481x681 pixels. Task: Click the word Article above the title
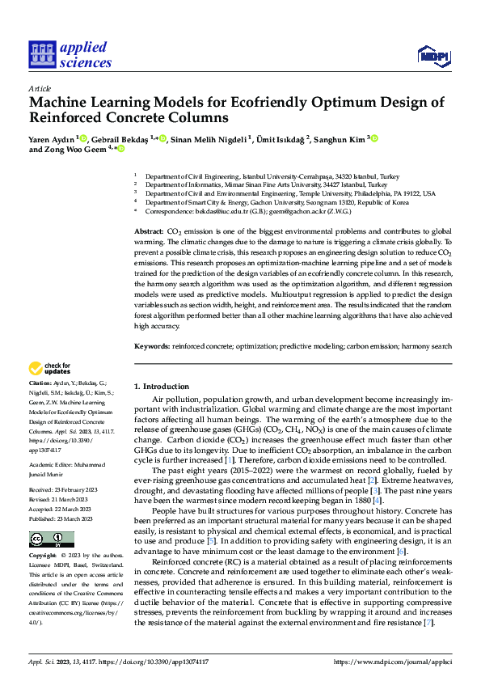click(x=40, y=88)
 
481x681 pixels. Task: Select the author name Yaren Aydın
click(x=52, y=138)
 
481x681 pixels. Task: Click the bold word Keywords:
click(x=152, y=345)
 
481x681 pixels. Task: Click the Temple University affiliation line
click(x=289, y=193)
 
